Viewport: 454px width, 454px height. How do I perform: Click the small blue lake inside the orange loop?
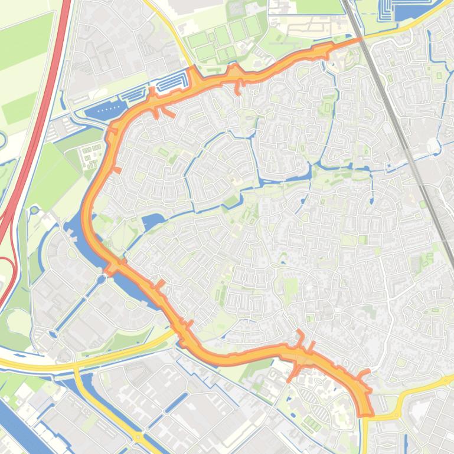[x=152, y=223]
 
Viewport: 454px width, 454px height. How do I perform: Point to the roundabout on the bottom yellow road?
[x=138, y=437]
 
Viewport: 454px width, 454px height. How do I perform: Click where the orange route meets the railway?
[x=358, y=40]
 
